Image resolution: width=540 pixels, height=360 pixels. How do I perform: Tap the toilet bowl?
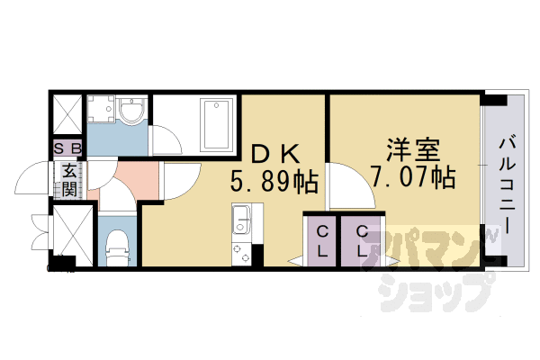[x=116, y=241]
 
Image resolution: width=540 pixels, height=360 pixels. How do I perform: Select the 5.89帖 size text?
[x=274, y=183]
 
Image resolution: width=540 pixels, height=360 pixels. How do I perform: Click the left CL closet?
[x=321, y=241]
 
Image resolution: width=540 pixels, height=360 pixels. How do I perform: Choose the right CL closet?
[x=362, y=241]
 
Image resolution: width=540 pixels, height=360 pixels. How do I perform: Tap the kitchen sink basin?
[x=242, y=218]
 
